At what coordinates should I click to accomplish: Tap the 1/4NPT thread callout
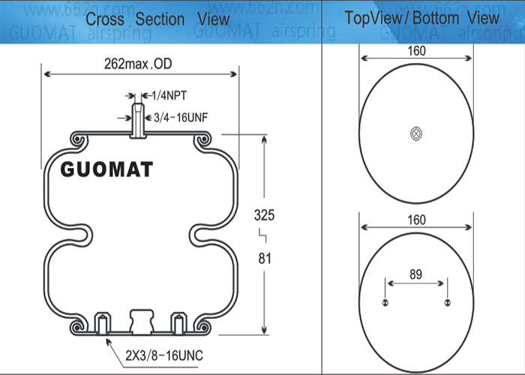point(169,96)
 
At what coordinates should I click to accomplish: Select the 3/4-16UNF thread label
point(179,117)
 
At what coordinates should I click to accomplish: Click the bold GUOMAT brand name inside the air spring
point(106,169)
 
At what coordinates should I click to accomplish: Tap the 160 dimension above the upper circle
point(416,51)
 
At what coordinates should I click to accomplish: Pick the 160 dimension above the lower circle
point(416,220)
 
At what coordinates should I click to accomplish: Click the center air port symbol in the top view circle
point(416,133)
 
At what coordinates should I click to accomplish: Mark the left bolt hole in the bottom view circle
point(385,302)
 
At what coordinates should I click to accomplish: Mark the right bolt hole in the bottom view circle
point(448,302)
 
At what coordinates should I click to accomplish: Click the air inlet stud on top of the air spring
point(137,120)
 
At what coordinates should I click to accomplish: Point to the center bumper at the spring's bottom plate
point(140,319)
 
